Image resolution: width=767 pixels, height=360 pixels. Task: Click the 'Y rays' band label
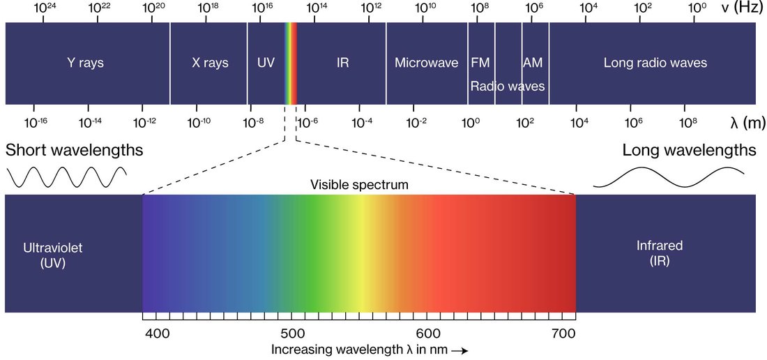coord(85,63)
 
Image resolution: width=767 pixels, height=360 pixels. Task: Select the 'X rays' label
coord(210,63)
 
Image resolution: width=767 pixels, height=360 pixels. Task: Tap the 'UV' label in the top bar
coord(266,63)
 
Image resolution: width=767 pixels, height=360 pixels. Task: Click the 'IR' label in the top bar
coord(342,63)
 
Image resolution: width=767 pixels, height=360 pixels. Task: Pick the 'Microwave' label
coord(426,63)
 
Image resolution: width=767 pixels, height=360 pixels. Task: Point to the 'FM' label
coord(480,63)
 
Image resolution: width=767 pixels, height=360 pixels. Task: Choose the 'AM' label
coord(533,63)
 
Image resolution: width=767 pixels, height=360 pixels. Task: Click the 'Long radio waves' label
coord(655,63)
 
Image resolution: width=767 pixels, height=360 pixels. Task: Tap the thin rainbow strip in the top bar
coord(291,63)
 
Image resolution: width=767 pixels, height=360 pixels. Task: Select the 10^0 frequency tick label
coord(697,8)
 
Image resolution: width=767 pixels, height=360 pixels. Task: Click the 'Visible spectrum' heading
coord(359,185)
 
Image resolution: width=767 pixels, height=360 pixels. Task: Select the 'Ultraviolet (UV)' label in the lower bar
coord(48,255)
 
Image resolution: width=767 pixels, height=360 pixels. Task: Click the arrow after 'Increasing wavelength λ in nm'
coord(460,350)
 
